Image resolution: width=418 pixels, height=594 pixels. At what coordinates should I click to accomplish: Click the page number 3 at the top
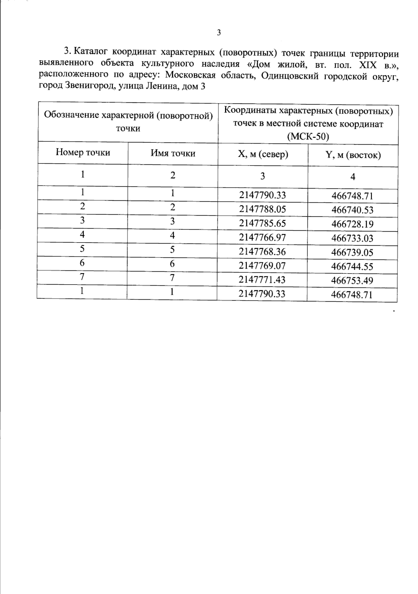(219, 33)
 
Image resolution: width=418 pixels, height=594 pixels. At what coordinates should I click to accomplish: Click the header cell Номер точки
(83, 153)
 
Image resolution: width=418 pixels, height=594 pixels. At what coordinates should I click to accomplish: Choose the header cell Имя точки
(173, 153)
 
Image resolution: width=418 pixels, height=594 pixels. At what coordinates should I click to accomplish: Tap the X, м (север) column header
(263, 154)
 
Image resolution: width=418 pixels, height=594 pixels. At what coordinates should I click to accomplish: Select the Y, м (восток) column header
(353, 155)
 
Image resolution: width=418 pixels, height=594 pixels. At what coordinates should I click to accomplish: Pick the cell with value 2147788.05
(262, 209)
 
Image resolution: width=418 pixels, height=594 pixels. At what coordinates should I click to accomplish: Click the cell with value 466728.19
(352, 224)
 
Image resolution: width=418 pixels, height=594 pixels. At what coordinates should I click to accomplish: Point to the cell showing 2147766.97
(262, 237)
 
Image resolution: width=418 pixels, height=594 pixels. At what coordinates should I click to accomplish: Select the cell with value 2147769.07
(262, 266)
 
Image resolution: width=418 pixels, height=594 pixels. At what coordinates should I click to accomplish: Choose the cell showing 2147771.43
(262, 280)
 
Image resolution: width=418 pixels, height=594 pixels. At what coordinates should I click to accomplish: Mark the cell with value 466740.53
(352, 210)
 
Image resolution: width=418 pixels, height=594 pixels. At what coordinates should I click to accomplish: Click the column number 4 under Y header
(353, 177)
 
